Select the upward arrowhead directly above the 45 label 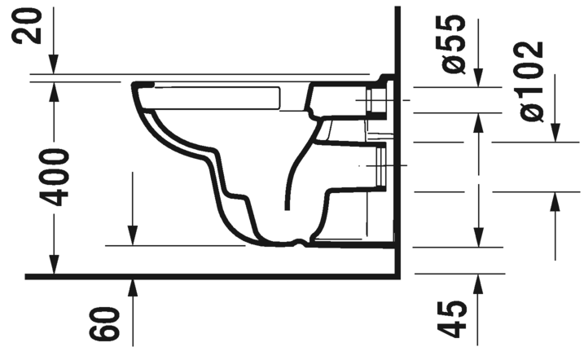(476, 282)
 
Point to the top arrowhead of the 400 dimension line (54, 88)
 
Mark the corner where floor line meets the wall (396, 276)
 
